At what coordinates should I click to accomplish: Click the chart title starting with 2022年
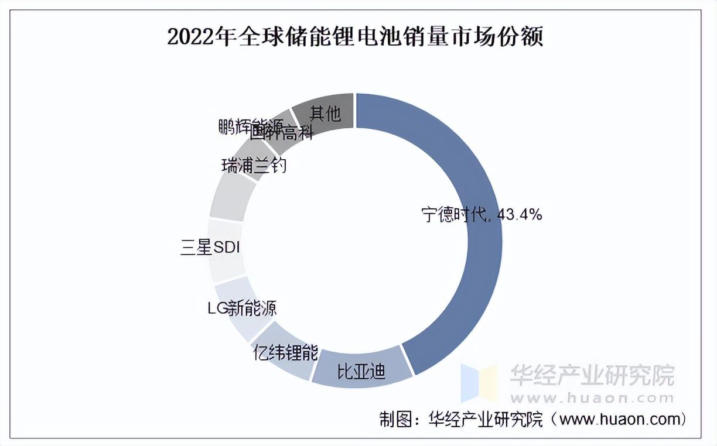tap(356, 37)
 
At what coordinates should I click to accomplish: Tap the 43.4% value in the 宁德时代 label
tap(519, 215)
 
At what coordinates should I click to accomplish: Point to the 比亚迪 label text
tap(361, 372)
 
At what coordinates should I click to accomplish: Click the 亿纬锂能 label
tap(285, 353)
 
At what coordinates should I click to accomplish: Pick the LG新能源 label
tap(243, 308)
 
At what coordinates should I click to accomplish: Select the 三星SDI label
tap(210, 248)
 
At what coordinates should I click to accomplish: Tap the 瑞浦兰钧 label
tap(254, 166)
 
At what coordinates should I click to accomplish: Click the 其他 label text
tap(325, 113)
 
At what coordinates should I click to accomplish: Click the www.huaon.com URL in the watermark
tap(592, 398)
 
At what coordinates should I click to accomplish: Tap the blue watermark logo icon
tap(478, 383)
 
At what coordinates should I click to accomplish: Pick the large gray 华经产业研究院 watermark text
tap(592, 375)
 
